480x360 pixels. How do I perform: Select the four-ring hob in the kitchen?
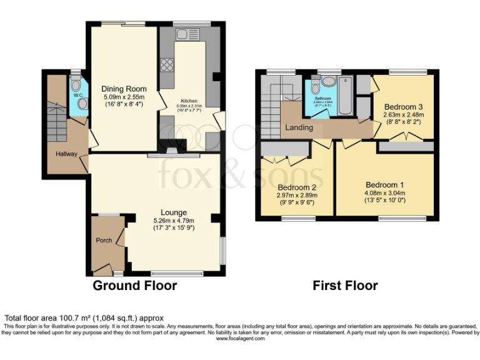pyautogui.click(x=167, y=64)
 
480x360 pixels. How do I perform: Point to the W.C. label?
pyautogui.click(x=78, y=96)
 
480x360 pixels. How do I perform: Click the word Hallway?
pyautogui.click(x=66, y=152)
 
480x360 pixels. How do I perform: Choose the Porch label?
pyautogui.click(x=104, y=241)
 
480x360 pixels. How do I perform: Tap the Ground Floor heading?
pyautogui.click(x=135, y=286)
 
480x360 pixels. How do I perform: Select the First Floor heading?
pyautogui.click(x=345, y=286)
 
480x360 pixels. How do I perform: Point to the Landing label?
pyautogui.click(x=299, y=127)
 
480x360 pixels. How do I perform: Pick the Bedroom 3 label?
pyautogui.click(x=403, y=106)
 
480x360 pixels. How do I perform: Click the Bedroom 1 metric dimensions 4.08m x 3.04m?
pyautogui.click(x=385, y=193)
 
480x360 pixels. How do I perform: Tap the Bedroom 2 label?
pyautogui.click(x=297, y=187)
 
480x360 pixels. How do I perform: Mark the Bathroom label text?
pyautogui.click(x=322, y=99)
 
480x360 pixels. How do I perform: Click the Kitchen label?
pyautogui.click(x=189, y=101)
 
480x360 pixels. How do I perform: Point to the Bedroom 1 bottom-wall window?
pyautogui.click(x=399, y=218)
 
